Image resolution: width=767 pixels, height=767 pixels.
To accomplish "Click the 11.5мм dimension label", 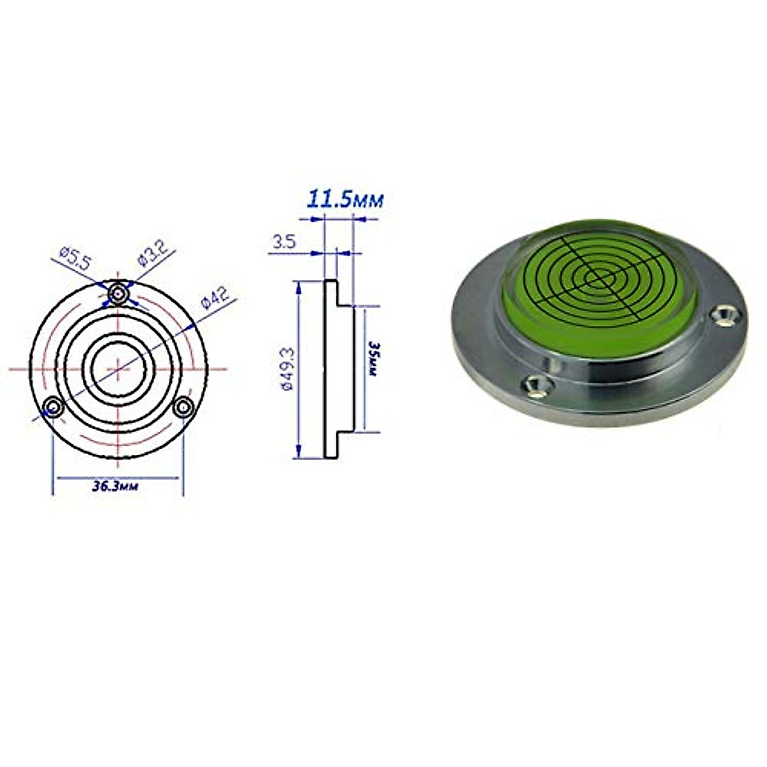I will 345,199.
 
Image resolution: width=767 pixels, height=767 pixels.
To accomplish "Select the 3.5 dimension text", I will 284,242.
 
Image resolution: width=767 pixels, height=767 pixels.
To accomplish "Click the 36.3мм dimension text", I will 116,486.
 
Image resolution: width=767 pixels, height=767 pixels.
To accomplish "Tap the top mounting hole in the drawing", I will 118,293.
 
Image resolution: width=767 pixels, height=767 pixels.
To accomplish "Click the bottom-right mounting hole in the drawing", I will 183,407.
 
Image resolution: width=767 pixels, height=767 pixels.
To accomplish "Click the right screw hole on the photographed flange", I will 725,314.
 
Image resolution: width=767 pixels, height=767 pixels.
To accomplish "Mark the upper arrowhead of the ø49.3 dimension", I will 298,287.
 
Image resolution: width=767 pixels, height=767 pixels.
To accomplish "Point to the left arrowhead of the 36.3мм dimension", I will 57,477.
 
